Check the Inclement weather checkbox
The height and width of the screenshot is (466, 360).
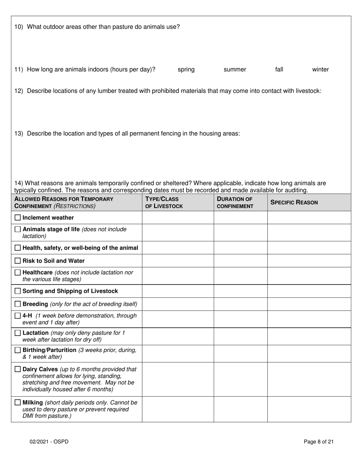[x=18, y=217]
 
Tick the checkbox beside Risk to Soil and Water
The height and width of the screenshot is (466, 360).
[x=18, y=261]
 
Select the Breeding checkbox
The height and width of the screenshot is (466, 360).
[x=18, y=304]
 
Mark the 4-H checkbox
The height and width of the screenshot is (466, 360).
[x=18, y=316]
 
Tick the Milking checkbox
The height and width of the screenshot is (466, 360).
[x=18, y=402]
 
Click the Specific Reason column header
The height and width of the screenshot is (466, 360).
[x=294, y=202]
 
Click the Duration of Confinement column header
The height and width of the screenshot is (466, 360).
[x=235, y=202]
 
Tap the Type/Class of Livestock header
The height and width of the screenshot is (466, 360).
[x=164, y=202]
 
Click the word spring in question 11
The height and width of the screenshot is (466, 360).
[x=186, y=69]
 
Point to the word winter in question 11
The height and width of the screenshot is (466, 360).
[x=320, y=69]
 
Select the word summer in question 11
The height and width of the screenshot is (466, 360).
[x=235, y=69]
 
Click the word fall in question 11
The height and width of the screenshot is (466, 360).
[x=279, y=69]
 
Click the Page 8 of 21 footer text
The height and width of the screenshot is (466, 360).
[x=319, y=441]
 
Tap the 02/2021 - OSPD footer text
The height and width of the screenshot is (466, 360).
[x=50, y=441]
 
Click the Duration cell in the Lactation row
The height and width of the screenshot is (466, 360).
[x=240, y=336]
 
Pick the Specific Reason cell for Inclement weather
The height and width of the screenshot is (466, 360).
[x=309, y=217]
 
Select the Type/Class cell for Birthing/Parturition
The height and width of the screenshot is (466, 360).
[x=178, y=353]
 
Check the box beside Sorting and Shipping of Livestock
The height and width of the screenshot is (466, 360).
[x=18, y=291]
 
